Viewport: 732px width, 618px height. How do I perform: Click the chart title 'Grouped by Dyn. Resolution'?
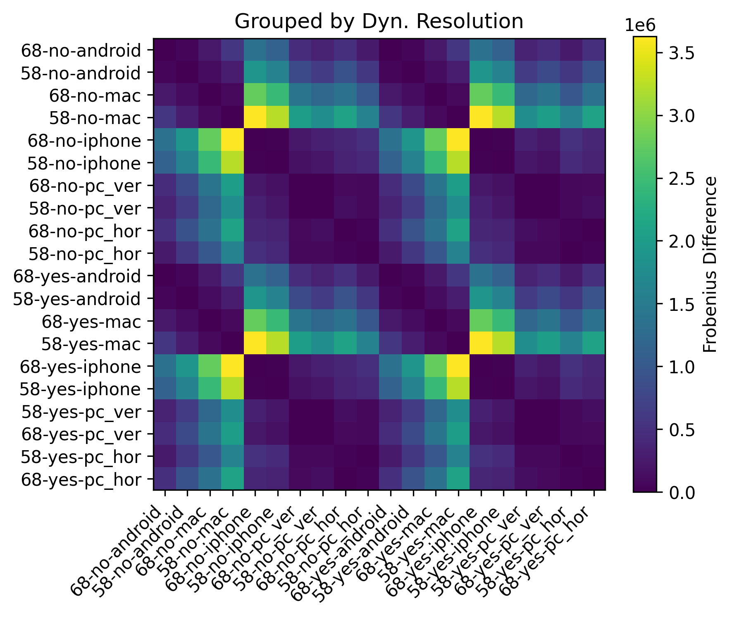(x=379, y=22)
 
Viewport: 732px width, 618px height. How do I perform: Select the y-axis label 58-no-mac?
(x=95, y=118)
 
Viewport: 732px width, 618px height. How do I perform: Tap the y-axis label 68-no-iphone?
(x=84, y=141)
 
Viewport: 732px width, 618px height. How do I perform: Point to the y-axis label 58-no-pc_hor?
(x=85, y=254)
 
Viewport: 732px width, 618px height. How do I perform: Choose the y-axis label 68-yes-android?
(x=77, y=276)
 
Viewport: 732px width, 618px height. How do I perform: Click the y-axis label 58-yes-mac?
(x=91, y=344)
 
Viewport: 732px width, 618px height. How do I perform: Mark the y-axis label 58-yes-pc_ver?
(x=81, y=412)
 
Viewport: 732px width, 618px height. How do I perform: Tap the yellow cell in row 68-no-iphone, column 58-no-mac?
(x=233, y=141)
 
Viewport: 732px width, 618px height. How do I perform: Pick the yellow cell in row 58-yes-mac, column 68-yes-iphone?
(x=481, y=344)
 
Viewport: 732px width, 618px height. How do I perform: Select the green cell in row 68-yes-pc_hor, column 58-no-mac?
(x=233, y=480)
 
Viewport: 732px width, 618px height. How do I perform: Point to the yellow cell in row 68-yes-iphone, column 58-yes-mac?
(x=458, y=367)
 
